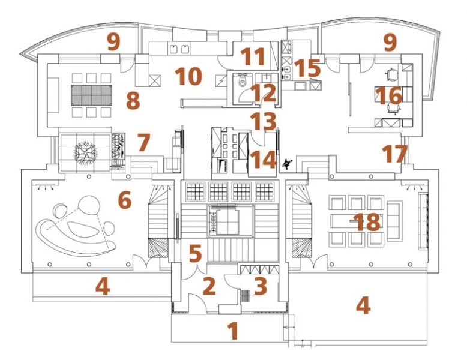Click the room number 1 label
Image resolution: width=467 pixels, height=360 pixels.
click(x=233, y=331)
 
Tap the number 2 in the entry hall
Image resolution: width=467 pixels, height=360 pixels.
click(x=209, y=286)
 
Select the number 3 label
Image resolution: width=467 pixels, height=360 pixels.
click(x=261, y=286)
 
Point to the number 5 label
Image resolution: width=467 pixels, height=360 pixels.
click(x=195, y=254)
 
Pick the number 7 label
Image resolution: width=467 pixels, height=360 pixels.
click(x=143, y=142)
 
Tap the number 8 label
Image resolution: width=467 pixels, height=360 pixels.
click(x=133, y=100)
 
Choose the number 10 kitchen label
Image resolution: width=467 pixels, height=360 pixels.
click(x=189, y=76)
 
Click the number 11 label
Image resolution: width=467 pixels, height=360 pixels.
click(x=253, y=56)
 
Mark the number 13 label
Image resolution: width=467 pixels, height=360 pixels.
click(x=263, y=121)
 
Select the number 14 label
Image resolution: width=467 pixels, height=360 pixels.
click(x=263, y=160)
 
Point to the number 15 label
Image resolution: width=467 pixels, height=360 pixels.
click(x=307, y=68)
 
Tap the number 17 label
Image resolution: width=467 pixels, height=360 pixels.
click(x=394, y=154)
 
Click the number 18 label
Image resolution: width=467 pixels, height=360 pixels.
click(x=367, y=222)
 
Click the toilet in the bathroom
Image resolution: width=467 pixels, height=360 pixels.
click(x=243, y=80)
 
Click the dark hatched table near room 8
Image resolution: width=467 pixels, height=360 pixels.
click(x=91, y=95)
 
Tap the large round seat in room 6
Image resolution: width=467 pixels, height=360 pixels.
click(x=88, y=205)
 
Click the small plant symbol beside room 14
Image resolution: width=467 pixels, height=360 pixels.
click(x=287, y=164)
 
